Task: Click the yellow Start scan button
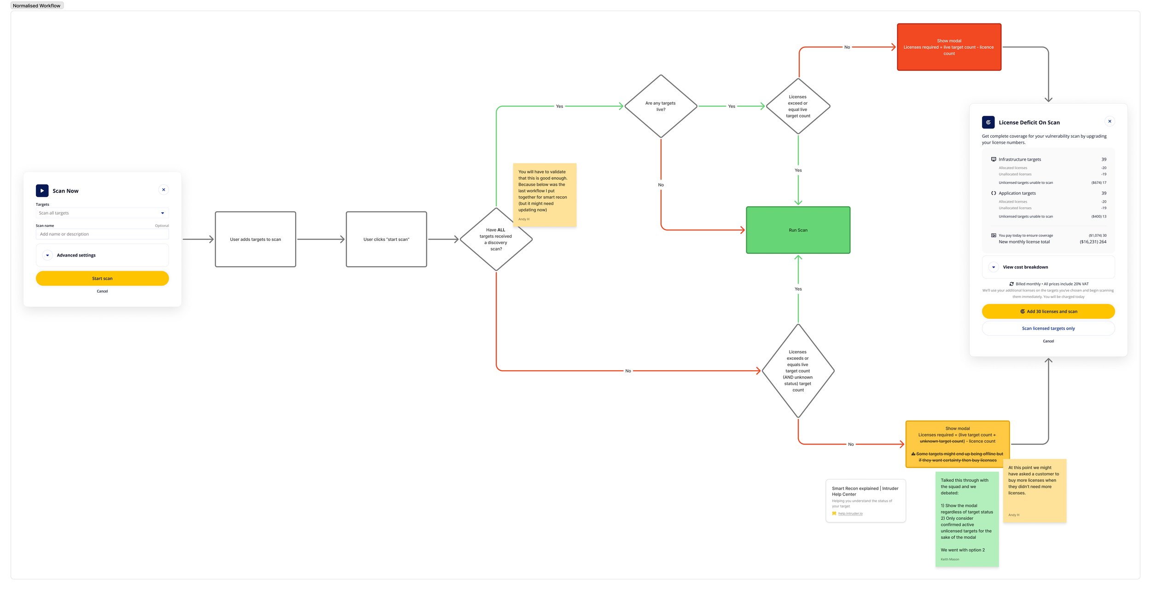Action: coord(102,278)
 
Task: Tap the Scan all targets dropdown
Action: coord(102,213)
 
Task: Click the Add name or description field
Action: coord(102,234)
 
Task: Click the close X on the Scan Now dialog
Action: coord(163,190)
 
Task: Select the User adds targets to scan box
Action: coord(255,239)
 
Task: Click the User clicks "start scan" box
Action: coord(386,239)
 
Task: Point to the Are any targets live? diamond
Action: coord(661,106)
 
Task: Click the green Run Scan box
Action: coord(798,230)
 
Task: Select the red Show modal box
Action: coord(949,47)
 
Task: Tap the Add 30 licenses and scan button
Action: coord(1048,311)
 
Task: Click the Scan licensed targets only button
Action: coord(1048,328)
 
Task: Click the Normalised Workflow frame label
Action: coord(36,6)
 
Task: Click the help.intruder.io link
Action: coord(850,514)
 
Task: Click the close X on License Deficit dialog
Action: coord(1110,121)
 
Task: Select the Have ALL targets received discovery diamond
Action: coord(496,239)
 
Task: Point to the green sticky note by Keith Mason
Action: coord(967,519)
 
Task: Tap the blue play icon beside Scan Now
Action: coord(42,191)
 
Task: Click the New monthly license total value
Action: coord(1093,242)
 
